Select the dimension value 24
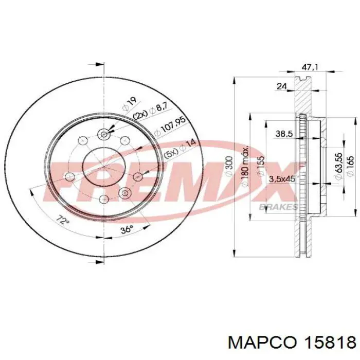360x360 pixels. [281, 86]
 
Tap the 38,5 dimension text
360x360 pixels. [284, 134]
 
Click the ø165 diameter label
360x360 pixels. [351, 167]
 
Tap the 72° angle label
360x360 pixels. [62, 222]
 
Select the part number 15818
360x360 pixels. [330, 342]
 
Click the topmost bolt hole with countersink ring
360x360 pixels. [104, 134]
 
